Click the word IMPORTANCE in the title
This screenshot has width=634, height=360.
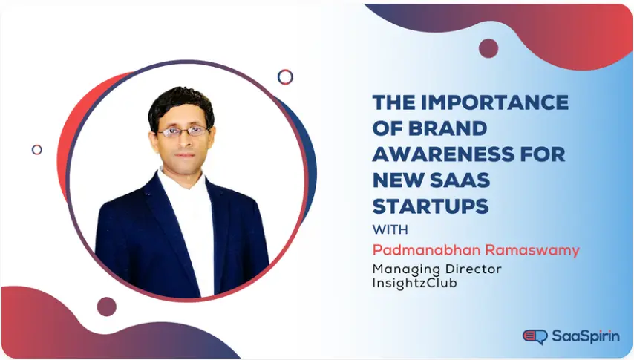click(x=499, y=102)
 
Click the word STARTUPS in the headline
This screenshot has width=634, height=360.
click(x=431, y=206)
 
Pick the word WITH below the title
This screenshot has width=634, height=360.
click(x=388, y=228)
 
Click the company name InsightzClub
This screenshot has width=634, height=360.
click(x=415, y=282)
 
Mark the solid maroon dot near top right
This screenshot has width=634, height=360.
click(x=488, y=48)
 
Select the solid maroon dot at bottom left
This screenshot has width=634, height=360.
click(x=107, y=307)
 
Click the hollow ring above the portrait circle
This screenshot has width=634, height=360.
click(x=285, y=76)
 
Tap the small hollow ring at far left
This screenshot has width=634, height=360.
click(x=36, y=149)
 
